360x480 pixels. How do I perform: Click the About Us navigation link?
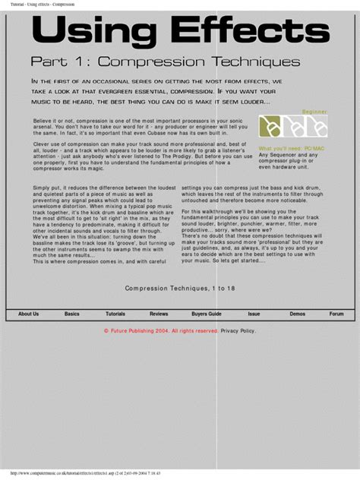point(28,313)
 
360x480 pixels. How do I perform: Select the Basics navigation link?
point(71,313)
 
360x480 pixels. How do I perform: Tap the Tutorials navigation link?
point(115,313)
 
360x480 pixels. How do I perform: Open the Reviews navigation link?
point(159,313)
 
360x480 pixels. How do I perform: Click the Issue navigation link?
point(254,313)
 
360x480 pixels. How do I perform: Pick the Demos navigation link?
point(297,313)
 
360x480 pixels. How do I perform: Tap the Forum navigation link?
point(336,313)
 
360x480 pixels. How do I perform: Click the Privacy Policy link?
point(238,331)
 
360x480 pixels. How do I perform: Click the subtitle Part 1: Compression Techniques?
point(165,62)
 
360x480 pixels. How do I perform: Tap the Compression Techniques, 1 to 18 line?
point(180,289)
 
